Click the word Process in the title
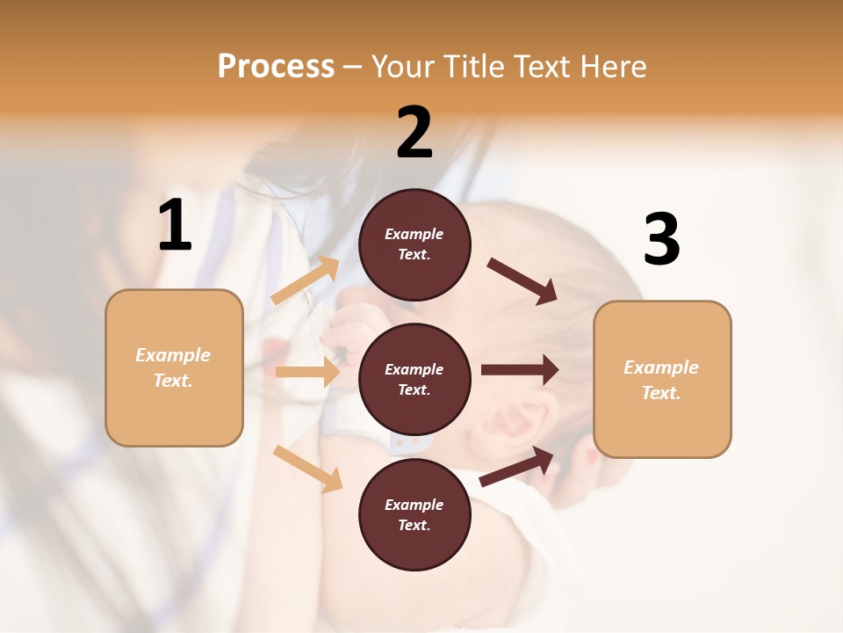pos(276,67)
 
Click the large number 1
pos(175,226)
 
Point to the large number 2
pos(414,133)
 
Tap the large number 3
pos(661,240)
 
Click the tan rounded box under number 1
pos(174,367)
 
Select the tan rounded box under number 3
pos(662,380)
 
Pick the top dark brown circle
pos(414,244)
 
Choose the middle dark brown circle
pos(414,379)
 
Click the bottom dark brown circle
pos(414,514)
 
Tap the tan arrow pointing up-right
pos(306,280)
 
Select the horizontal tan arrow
pos(307,372)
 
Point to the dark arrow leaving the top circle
pos(522,280)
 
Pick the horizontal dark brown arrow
pos(520,369)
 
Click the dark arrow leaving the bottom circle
pos(517,466)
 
